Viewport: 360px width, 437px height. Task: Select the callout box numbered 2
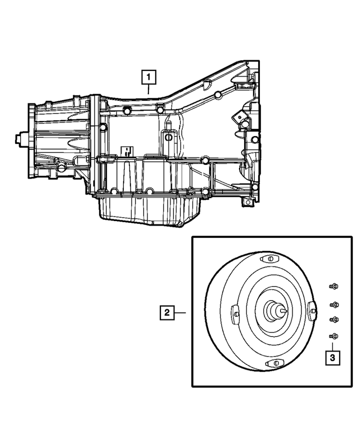[x=165, y=311]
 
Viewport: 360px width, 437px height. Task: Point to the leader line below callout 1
[x=148, y=87]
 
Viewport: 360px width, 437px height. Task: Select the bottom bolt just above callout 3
[x=333, y=336]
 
